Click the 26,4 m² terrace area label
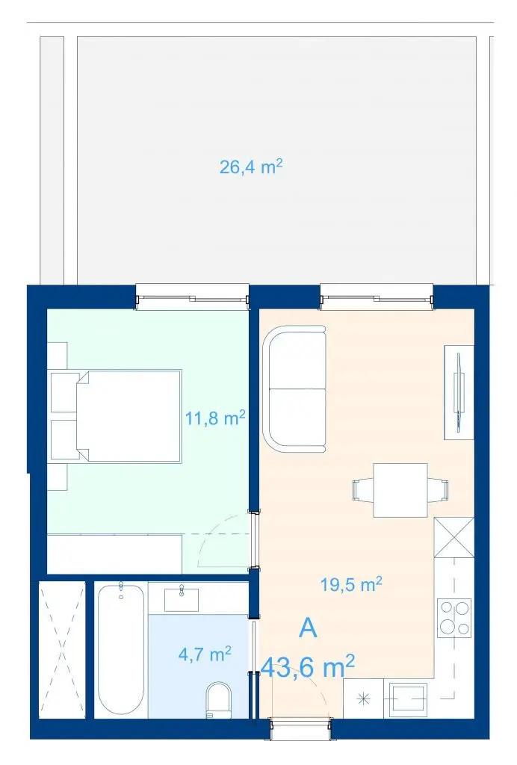[251, 167]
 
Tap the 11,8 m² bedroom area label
[214, 418]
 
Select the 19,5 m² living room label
[351, 584]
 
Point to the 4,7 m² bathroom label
[205, 654]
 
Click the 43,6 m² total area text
[308, 666]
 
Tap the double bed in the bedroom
[129, 415]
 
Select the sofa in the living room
[294, 388]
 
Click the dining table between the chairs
[400, 490]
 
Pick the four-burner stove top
[454, 618]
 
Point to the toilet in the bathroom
[218, 700]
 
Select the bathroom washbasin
[182, 599]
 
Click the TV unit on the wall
[459, 392]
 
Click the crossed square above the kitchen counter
[454, 537]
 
